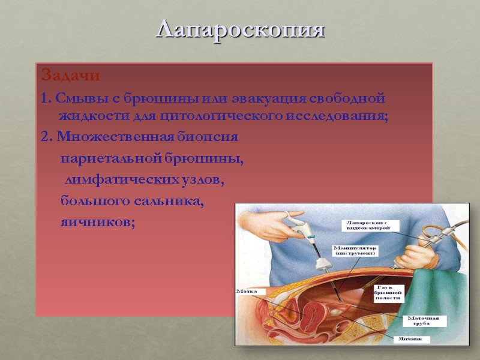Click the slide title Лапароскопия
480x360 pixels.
pyautogui.click(x=240, y=29)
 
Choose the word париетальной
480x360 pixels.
pyautogui.click(x=107, y=159)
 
